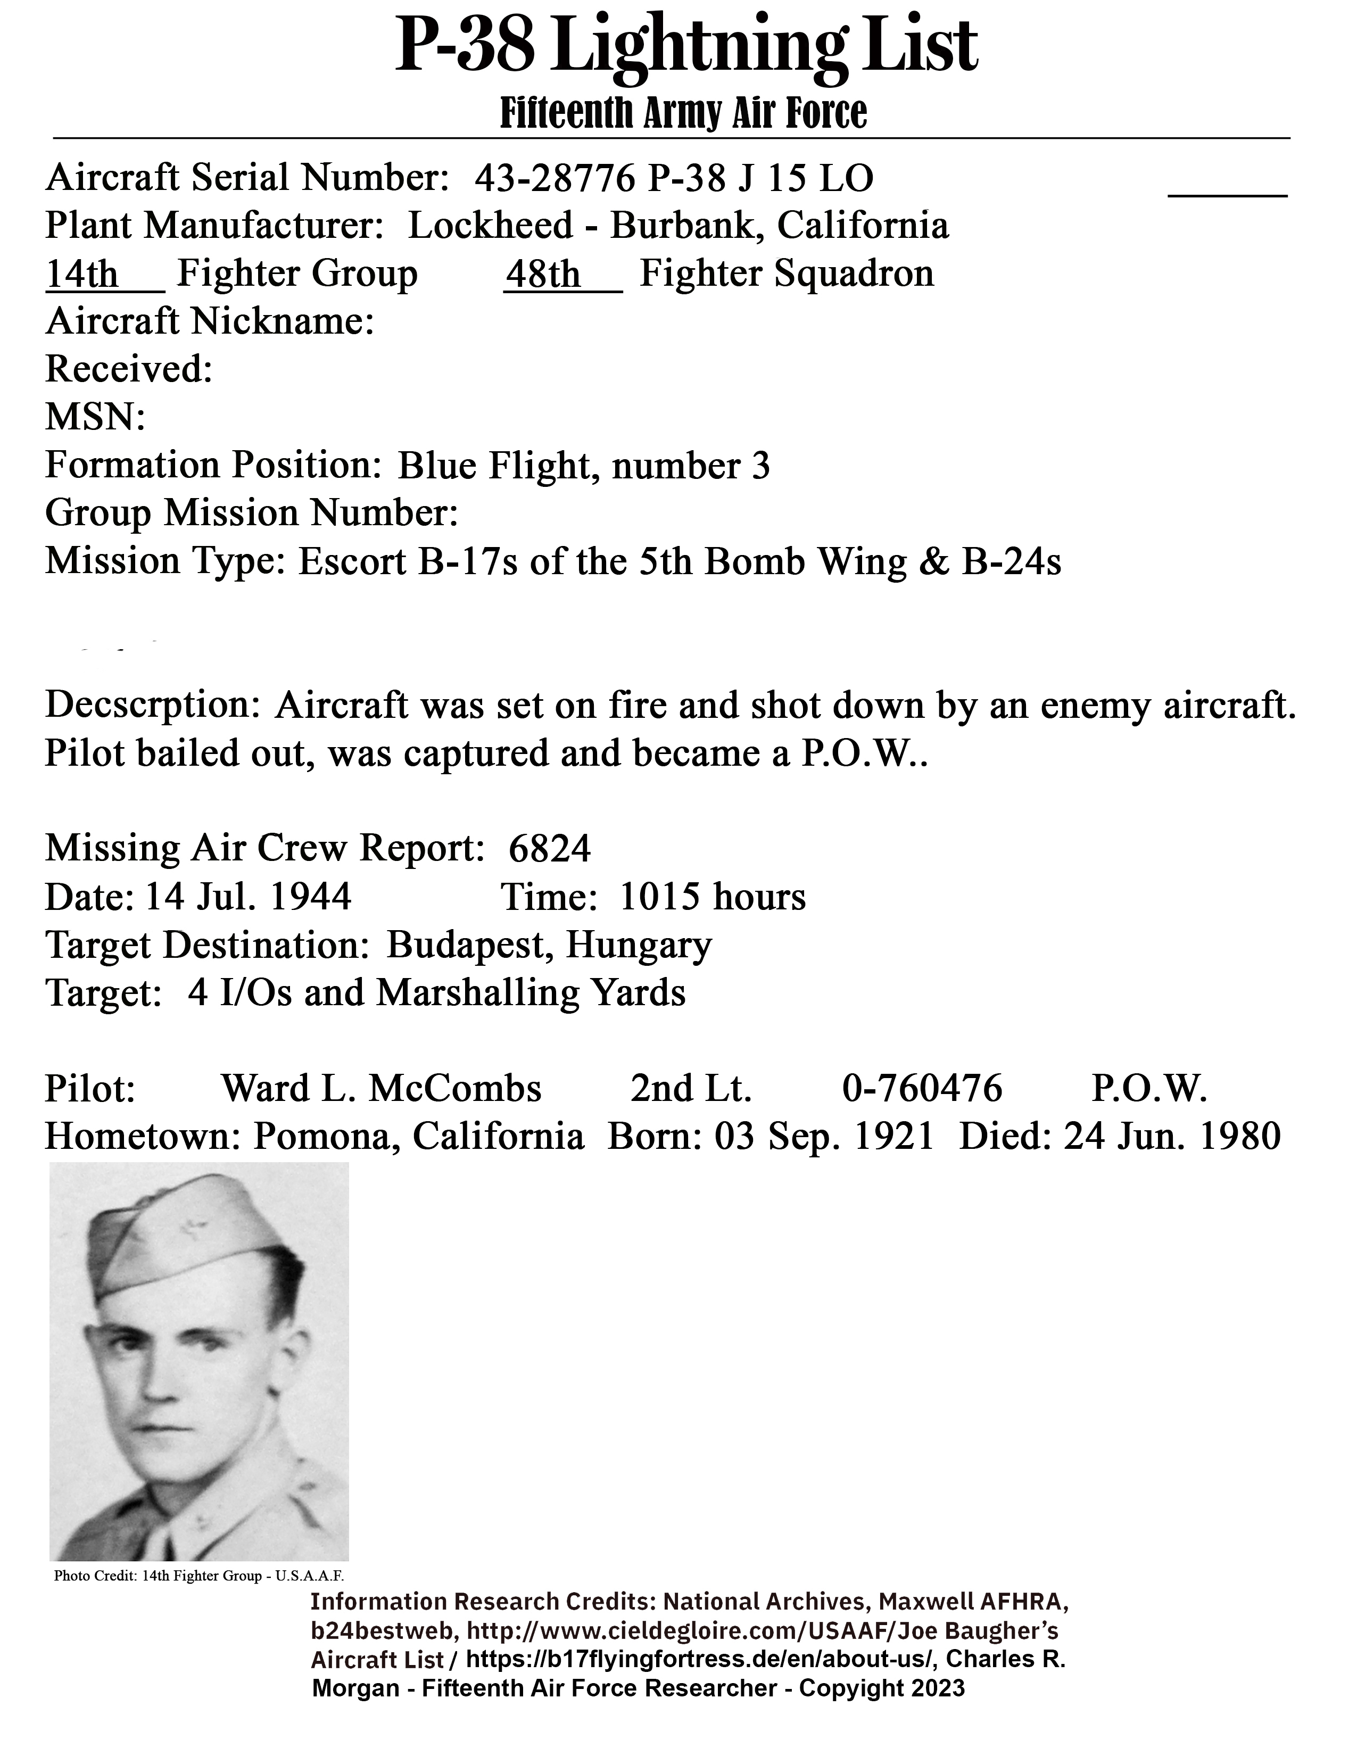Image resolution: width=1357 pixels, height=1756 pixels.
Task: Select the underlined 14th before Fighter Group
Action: click(x=81, y=274)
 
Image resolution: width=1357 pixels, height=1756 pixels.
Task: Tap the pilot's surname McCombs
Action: click(x=454, y=1089)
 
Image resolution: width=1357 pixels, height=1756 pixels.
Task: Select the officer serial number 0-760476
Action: click(x=922, y=1089)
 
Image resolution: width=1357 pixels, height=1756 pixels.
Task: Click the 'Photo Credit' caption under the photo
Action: click(x=198, y=1576)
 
